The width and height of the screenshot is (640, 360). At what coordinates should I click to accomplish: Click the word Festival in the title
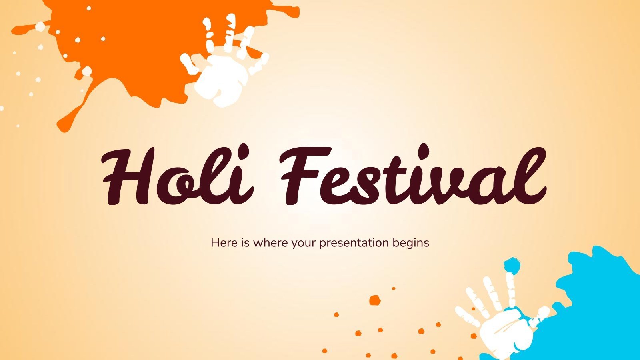412,176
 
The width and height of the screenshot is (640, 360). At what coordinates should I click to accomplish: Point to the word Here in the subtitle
224,242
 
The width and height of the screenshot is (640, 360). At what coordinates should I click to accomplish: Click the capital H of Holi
128,176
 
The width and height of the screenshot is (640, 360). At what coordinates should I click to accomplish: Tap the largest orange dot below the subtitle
375,300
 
